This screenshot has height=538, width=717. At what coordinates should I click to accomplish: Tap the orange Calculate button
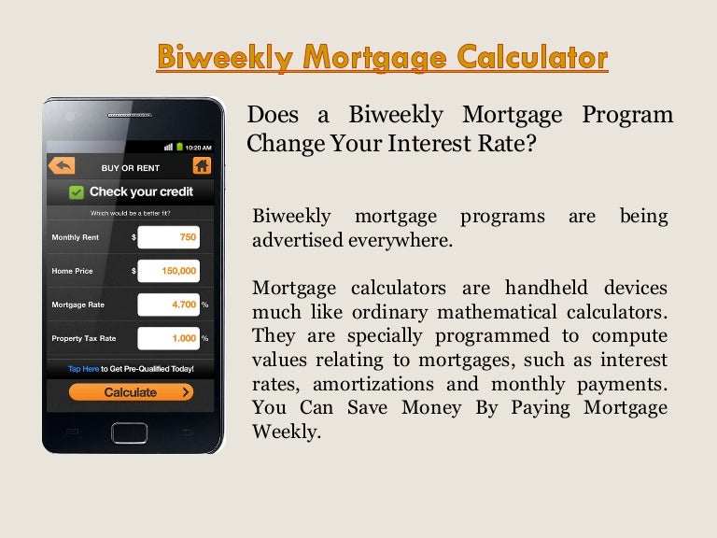coord(131,392)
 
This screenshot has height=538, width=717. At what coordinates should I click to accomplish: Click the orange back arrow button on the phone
coord(62,165)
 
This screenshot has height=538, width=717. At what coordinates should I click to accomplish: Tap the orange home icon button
coord(202,165)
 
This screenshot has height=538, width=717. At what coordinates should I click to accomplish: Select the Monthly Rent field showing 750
coord(169,237)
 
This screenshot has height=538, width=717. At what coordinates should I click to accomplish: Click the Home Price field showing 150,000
coord(169,271)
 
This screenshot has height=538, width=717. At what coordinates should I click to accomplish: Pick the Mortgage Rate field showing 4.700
coord(169,304)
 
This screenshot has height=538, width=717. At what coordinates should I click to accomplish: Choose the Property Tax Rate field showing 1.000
coord(169,338)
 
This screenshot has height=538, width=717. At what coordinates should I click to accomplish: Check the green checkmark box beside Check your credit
coord(77,192)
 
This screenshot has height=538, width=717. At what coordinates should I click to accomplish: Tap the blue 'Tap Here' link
coord(84,369)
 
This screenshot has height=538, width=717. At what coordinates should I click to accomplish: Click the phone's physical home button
coord(130,432)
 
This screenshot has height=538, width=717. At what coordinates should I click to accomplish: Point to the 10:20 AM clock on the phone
coord(199,148)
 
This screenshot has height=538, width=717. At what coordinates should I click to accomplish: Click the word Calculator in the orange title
coord(532,57)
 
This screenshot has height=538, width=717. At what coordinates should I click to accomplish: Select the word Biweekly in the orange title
coord(225,57)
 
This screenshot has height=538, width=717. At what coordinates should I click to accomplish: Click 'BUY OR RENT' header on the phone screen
coord(131,168)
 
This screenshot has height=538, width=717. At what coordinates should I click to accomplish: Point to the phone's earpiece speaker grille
coord(130,115)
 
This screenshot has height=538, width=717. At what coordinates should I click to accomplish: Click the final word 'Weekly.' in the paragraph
coord(287,431)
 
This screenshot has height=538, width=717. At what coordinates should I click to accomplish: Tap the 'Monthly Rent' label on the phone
coord(76,237)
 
